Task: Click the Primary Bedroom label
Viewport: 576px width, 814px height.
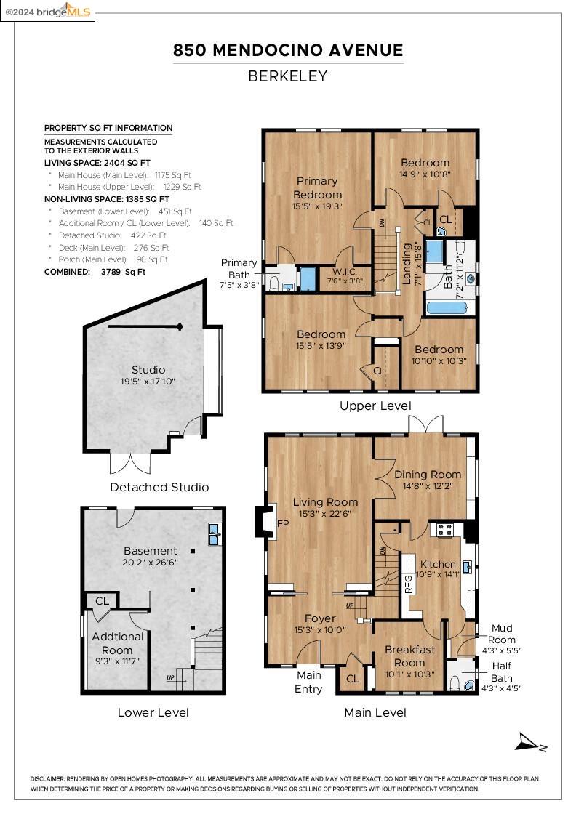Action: (x=317, y=188)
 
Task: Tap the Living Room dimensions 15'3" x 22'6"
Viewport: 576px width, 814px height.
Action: (x=325, y=514)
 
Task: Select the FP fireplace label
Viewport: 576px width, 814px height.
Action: (x=282, y=523)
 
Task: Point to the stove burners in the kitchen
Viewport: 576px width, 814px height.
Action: (x=444, y=529)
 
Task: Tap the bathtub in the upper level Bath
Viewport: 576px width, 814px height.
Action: (x=447, y=307)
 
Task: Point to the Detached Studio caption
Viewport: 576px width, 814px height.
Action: (x=159, y=487)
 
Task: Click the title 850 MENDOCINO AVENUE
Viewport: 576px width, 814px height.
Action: (x=288, y=50)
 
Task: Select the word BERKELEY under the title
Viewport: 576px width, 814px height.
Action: (x=288, y=76)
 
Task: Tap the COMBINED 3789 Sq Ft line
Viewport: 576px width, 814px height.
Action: (x=95, y=272)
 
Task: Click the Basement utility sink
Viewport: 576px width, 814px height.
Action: (x=214, y=534)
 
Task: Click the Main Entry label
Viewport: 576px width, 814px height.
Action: (x=308, y=682)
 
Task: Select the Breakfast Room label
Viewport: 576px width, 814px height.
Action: (x=409, y=656)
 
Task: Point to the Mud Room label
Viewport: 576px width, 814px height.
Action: (x=502, y=633)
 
